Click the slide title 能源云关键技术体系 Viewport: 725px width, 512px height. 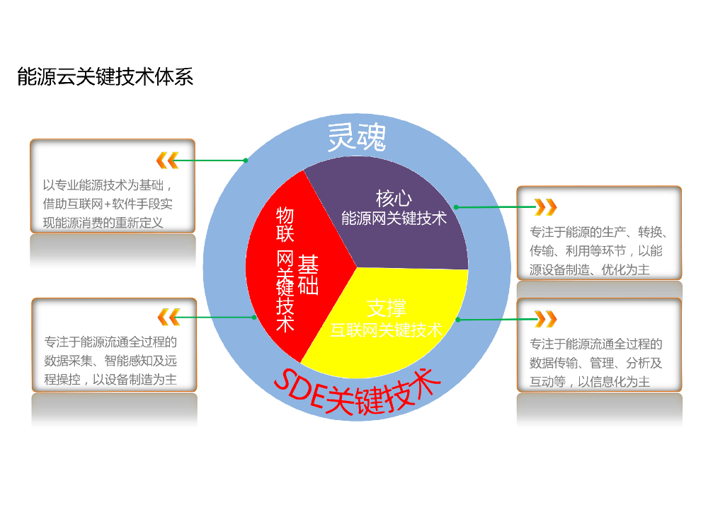tap(105, 77)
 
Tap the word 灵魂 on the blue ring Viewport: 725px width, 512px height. tap(356, 137)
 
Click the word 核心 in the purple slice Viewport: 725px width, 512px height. tap(394, 198)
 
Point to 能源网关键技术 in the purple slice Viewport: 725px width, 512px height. tap(394, 218)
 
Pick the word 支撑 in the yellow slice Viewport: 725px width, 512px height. tap(387, 308)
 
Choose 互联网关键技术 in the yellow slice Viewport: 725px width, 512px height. tap(387, 330)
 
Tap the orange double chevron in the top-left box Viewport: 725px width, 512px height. tap(167, 161)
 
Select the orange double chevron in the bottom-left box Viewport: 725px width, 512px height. tap(168, 317)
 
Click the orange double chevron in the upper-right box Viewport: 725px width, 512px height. tap(545, 207)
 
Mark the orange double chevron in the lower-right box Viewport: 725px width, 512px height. tap(545, 319)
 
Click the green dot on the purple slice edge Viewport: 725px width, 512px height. tap(456, 207)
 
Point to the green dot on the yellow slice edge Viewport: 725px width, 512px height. tap(458, 320)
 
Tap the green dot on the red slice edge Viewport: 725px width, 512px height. tap(254, 318)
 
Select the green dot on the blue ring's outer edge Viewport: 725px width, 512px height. tap(246, 161)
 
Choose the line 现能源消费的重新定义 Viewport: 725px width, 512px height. tap(103, 223)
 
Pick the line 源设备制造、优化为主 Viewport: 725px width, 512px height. tap(590, 269)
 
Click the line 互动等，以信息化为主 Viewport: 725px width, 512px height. tap(590, 382)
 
